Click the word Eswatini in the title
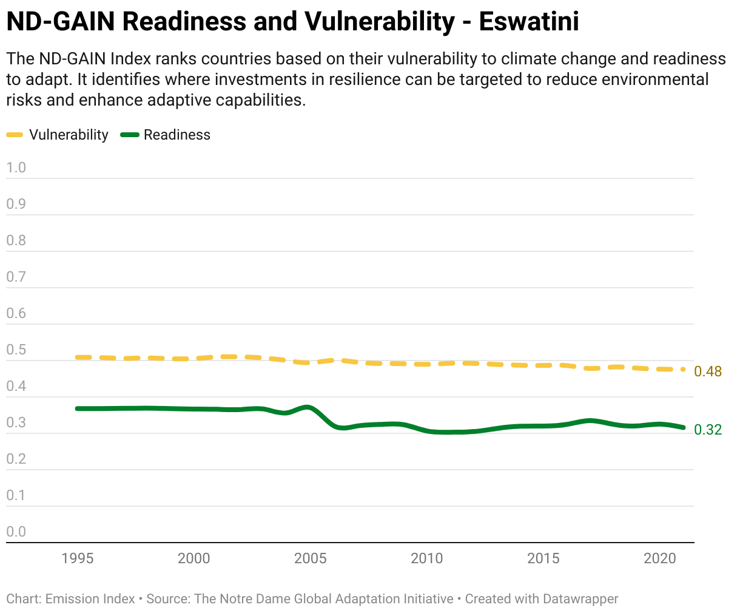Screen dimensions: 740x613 [x=529, y=22]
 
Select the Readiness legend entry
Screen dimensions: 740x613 [x=166, y=135]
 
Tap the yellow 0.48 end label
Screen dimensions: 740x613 [x=708, y=371]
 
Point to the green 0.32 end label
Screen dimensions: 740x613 [x=708, y=430]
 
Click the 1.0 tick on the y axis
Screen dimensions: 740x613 [x=16, y=168]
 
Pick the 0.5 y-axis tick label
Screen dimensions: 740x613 [x=16, y=350]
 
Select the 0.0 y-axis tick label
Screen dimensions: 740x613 [x=16, y=532]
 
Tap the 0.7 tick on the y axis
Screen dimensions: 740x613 [x=16, y=277]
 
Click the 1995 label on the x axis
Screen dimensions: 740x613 [x=77, y=558]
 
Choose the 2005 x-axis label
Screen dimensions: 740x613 [x=310, y=558]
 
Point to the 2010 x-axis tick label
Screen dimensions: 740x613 [x=426, y=558]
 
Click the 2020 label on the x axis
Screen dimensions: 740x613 [x=660, y=558]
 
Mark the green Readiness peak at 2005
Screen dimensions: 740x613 [x=308, y=408]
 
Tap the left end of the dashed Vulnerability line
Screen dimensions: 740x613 [x=77, y=357]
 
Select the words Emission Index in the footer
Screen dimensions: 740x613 [x=90, y=599]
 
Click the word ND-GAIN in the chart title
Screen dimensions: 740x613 [x=61, y=22]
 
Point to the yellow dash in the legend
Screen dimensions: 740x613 [x=15, y=135]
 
